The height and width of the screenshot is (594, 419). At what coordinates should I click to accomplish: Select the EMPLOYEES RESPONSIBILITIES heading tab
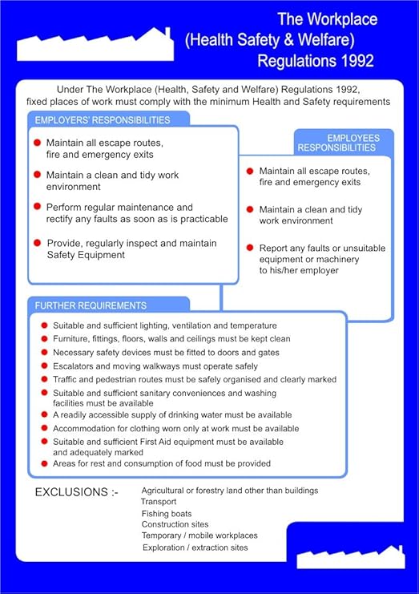click(343, 143)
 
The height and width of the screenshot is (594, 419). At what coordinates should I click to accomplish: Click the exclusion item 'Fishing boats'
click(167, 513)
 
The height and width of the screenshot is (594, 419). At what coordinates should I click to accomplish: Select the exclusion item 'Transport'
click(159, 502)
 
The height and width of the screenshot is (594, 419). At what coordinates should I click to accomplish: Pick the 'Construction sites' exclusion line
click(175, 524)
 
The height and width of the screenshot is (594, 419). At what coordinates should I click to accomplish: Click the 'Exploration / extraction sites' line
click(195, 548)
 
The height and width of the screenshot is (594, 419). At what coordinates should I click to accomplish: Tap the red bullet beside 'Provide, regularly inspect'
click(38, 242)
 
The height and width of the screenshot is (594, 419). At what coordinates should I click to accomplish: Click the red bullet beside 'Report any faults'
click(250, 248)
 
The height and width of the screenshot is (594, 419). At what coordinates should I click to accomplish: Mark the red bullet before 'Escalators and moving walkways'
click(45, 366)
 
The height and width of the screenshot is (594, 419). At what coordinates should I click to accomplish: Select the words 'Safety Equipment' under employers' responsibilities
click(86, 255)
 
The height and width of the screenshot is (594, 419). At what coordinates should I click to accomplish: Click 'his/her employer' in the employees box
click(300, 271)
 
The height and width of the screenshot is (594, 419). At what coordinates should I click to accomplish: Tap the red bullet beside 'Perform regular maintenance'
click(38, 207)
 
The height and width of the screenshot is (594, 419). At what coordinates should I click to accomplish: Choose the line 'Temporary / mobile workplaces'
click(199, 535)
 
